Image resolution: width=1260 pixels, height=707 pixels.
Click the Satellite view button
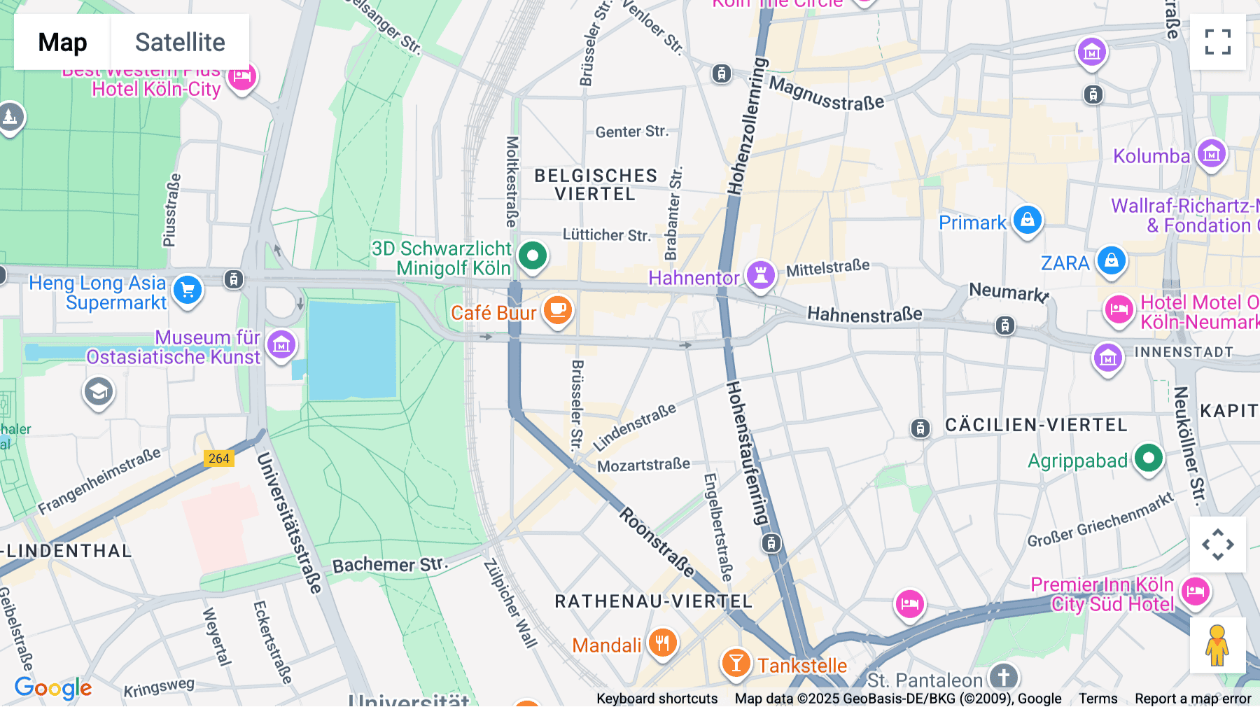pyautogui.click(x=180, y=42)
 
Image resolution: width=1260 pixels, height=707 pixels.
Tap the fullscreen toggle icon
pyautogui.click(x=1217, y=42)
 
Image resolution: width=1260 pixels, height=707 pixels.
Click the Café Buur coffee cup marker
pyautogui.click(x=557, y=310)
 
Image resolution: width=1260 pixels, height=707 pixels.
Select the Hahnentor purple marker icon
pyautogui.click(x=760, y=274)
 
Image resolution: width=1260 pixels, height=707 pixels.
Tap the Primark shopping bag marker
pyautogui.click(x=1027, y=220)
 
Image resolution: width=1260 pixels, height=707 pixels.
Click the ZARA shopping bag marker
pyautogui.click(x=1111, y=260)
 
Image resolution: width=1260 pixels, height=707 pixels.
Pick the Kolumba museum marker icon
pyautogui.click(x=1212, y=153)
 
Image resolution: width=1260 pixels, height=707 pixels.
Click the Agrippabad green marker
pyautogui.click(x=1148, y=458)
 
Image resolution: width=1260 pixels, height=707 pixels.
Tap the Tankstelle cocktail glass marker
pyautogui.click(x=736, y=661)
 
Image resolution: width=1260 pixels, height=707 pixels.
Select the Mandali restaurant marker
pyautogui.click(x=662, y=642)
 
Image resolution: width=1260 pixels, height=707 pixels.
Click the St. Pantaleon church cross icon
pyautogui.click(x=1004, y=677)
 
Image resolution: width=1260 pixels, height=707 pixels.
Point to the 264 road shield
pyautogui.click(x=219, y=458)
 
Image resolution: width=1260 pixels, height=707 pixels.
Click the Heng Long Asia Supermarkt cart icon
pyautogui.click(x=188, y=289)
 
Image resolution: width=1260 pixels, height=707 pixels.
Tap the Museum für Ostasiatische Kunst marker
pyautogui.click(x=281, y=344)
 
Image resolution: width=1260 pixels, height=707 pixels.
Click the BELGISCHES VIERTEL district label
pyautogui.click(x=596, y=185)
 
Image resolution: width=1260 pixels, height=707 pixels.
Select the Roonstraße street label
pyautogui.click(x=657, y=543)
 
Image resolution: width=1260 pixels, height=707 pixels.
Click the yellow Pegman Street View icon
pyautogui.click(x=1217, y=645)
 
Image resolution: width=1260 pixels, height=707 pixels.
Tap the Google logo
pyautogui.click(x=53, y=688)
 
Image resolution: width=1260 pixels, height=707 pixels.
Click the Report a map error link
pyautogui.click(x=1193, y=699)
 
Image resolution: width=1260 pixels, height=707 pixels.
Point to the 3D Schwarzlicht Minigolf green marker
pyautogui.click(x=533, y=255)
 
